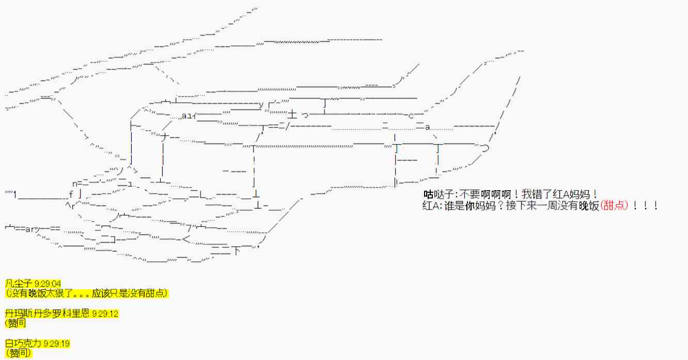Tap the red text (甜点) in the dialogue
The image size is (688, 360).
614,205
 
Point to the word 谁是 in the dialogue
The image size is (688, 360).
454,206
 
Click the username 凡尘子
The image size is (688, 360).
19,283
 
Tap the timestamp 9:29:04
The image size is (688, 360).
48,284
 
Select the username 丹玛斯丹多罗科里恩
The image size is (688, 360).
48,313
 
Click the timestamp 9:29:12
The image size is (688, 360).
105,314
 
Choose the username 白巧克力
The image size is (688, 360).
23,343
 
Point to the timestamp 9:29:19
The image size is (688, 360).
56,343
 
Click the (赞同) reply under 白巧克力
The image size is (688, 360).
19,353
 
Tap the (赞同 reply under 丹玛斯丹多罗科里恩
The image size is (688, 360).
15,323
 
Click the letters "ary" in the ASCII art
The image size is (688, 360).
33,229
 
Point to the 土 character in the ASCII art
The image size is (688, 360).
292,114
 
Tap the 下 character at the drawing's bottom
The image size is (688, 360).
236,251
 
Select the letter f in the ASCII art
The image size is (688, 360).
71,194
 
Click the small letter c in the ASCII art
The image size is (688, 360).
411,116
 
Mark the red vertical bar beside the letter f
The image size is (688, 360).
80,194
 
